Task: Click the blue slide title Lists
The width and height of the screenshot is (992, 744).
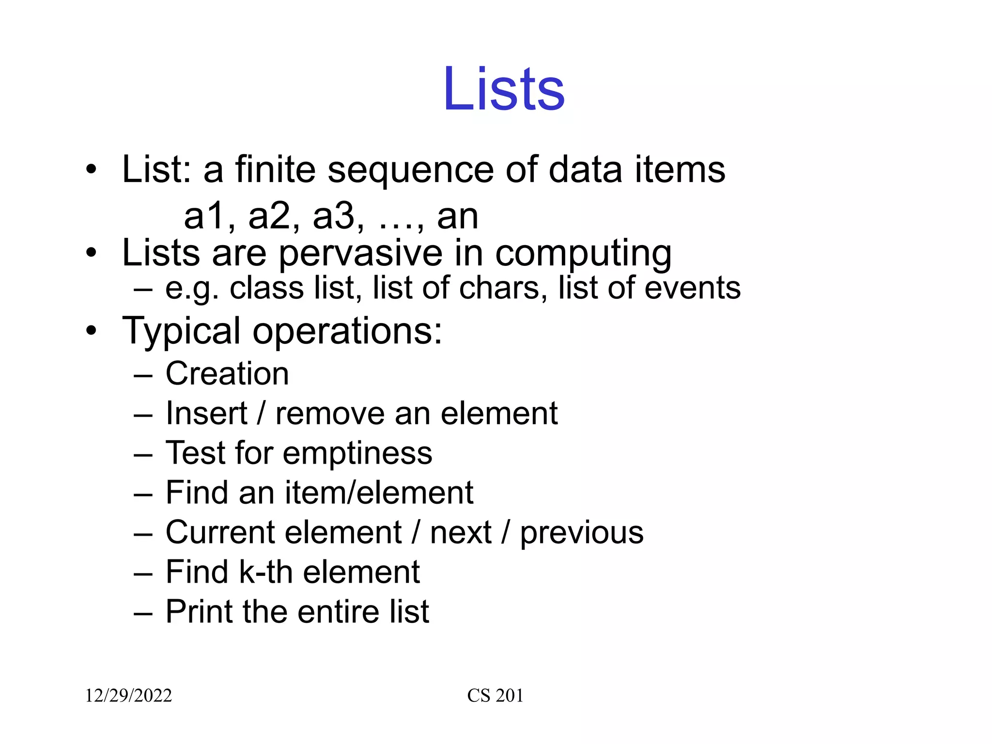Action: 504,89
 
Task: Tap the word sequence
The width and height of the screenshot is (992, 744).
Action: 411,170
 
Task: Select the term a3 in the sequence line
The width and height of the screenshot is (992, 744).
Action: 334,216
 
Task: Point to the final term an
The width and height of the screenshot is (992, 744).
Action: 458,217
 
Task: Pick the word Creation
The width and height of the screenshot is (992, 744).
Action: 227,374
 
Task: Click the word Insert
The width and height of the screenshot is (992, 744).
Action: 206,414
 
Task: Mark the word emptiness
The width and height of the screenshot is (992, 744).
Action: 357,454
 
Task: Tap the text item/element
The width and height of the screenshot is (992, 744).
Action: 379,493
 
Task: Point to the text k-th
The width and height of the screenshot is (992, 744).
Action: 266,572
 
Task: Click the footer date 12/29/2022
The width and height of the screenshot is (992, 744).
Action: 128,696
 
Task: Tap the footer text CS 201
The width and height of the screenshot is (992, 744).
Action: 495,696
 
